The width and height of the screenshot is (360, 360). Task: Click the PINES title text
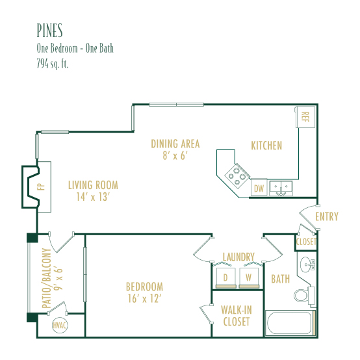49,31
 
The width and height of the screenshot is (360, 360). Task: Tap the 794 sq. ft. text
53,64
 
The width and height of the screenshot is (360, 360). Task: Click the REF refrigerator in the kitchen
305,117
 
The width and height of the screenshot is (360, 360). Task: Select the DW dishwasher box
259,187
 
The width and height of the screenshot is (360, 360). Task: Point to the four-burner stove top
237,176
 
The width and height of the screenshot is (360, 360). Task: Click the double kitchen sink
281,188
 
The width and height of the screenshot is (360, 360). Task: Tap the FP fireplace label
42,187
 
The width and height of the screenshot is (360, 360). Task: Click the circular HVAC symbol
60,325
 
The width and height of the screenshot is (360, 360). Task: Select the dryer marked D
226,277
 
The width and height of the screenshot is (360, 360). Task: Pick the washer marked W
249,277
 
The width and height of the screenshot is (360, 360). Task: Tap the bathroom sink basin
305,264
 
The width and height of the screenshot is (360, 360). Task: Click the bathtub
290,323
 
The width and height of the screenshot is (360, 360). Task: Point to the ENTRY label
327,216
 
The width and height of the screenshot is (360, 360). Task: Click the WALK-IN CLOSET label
237,316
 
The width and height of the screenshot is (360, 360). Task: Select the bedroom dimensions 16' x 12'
144,299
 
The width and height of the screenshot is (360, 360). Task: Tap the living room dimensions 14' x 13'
93,197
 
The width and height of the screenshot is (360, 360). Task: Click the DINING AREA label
175,144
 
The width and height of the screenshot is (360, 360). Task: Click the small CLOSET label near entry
306,242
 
